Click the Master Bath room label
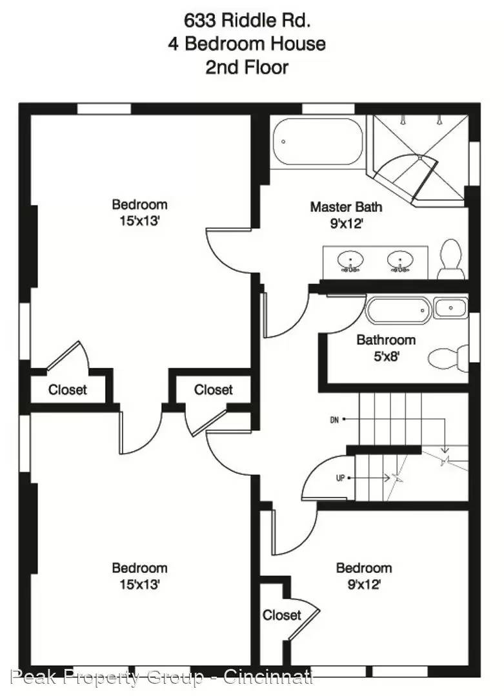click(x=346, y=207)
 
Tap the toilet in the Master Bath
click(x=450, y=259)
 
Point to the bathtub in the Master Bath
click(x=318, y=142)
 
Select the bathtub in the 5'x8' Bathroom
click(x=398, y=310)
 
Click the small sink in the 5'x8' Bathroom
click(x=450, y=307)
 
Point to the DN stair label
click(x=335, y=420)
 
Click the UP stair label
click(x=341, y=478)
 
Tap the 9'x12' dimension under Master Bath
click(x=347, y=224)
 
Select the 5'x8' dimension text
click(x=386, y=356)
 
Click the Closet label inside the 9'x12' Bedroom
click(x=282, y=615)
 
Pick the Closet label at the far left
click(x=68, y=390)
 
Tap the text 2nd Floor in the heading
click(x=247, y=68)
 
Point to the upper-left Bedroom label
click(x=139, y=205)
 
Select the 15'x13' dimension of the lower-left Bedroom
click(x=139, y=585)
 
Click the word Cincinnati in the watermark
click(x=268, y=677)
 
